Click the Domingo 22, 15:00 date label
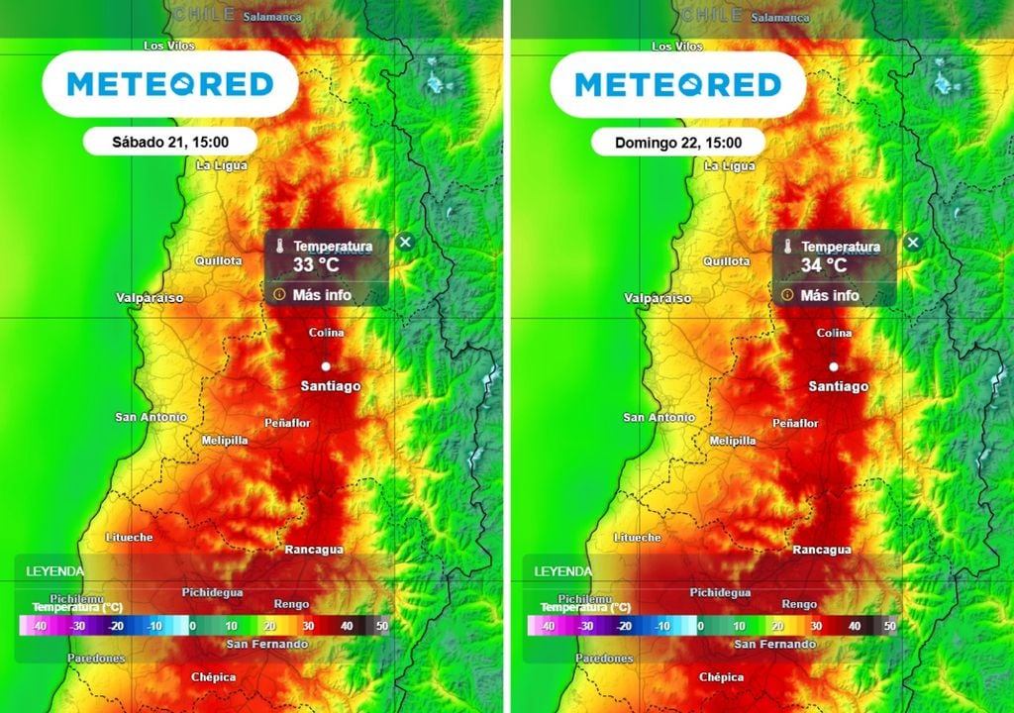coord(677,143)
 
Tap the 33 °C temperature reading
coord(316,265)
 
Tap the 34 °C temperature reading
coord(824,265)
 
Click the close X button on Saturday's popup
coord(405,242)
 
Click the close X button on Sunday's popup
coord(913,242)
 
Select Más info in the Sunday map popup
coord(830,295)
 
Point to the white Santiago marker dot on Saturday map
coord(325,366)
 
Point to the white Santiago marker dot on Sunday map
coord(834,366)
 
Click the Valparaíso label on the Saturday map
coord(150,297)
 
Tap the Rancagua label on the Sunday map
coord(822,550)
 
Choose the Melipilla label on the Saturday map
coord(224,440)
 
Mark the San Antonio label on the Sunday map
coord(659,418)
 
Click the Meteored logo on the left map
coord(169,84)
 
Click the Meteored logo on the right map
coord(677,84)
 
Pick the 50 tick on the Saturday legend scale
coord(382,626)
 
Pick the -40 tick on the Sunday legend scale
coord(547,626)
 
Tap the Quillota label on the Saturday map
coord(218,260)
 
